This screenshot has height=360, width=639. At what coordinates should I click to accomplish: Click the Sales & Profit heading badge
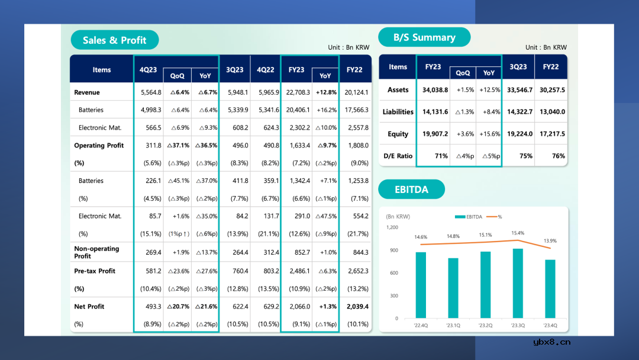click(115, 40)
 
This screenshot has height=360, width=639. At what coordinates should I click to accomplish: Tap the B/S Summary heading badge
click(424, 37)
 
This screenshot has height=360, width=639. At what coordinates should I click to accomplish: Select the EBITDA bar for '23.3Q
click(518, 283)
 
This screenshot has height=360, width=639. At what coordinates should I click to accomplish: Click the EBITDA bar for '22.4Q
click(421, 285)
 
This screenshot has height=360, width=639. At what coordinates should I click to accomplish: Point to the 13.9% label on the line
click(550, 241)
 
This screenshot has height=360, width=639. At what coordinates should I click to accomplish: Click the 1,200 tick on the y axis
click(392, 227)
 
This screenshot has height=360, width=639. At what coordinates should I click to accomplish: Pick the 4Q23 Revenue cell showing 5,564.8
click(151, 92)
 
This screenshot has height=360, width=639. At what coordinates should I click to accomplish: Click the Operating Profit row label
click(98, 146)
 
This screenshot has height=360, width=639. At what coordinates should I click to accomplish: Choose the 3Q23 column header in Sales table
click(235, 70)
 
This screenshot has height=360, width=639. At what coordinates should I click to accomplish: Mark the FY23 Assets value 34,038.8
click(435, 90)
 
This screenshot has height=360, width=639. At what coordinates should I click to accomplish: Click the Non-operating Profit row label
click(96, 252)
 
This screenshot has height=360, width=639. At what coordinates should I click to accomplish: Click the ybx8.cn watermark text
click(551, 342)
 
